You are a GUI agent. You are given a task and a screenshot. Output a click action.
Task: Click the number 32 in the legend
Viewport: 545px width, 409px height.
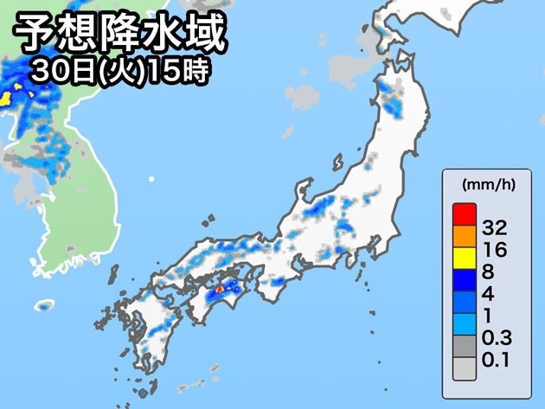click(494, 229)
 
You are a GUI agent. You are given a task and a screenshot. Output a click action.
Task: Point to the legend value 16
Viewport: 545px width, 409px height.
click(494, 252)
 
